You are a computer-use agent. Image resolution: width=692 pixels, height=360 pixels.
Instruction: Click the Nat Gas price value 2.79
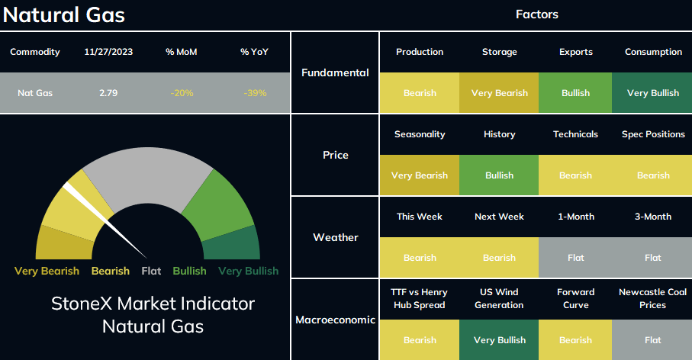(x=108, y=93)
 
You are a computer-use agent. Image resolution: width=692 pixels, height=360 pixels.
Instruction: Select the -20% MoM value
(x=182, y=93)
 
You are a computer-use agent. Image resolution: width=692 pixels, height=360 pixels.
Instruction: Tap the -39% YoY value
(x=255, y=93)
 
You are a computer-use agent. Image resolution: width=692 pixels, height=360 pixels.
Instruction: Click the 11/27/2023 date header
(x=108, y=52)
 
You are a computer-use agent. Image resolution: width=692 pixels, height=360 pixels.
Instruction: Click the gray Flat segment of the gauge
(x=148, y=176)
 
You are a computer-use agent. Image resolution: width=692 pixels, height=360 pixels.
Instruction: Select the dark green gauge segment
(x=232, y=245)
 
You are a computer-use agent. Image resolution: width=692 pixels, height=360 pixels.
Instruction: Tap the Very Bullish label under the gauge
(x=249, y=271)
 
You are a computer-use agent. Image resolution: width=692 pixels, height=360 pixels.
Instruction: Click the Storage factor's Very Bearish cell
(x=499, y=92)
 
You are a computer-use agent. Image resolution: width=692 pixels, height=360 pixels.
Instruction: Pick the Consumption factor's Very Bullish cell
(x=652, y=92)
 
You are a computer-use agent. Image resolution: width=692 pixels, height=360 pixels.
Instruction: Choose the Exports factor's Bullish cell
(x=575, y=92)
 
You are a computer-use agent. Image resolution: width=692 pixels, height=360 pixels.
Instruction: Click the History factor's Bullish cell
(x=499, y=175)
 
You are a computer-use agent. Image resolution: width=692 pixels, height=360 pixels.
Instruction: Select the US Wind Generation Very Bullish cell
(x=499, y=339)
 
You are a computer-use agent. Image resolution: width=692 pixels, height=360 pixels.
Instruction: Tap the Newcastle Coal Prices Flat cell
(x=652, y=339)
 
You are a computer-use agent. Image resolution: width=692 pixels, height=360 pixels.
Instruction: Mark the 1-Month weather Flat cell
(x=575, y=258)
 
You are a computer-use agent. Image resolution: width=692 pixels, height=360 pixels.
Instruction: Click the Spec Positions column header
(x=653, y=134)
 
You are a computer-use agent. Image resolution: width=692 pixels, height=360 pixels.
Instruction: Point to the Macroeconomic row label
(x=336, y=320)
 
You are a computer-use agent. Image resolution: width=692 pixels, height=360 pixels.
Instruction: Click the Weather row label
(x=336, y=237)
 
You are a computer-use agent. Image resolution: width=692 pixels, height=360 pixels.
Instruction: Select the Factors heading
(x=536, y=14)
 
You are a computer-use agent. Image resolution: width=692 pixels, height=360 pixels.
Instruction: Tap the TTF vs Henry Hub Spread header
(x=420, y=299)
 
